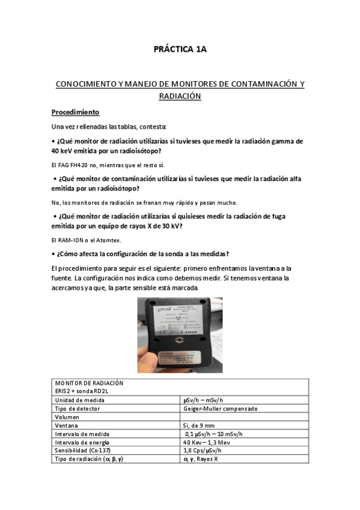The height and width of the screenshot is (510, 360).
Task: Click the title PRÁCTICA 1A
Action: point(180,50)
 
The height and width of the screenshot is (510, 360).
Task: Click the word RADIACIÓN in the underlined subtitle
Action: point(180,96)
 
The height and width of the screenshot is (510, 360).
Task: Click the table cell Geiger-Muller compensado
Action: point(221,408)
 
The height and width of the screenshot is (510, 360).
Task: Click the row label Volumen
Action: point(67,417)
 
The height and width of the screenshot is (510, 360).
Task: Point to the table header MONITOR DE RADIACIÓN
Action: point(89,383)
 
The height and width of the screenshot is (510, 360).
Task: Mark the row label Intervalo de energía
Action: point(82,442)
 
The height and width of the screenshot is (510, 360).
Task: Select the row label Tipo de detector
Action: point(77,408)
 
